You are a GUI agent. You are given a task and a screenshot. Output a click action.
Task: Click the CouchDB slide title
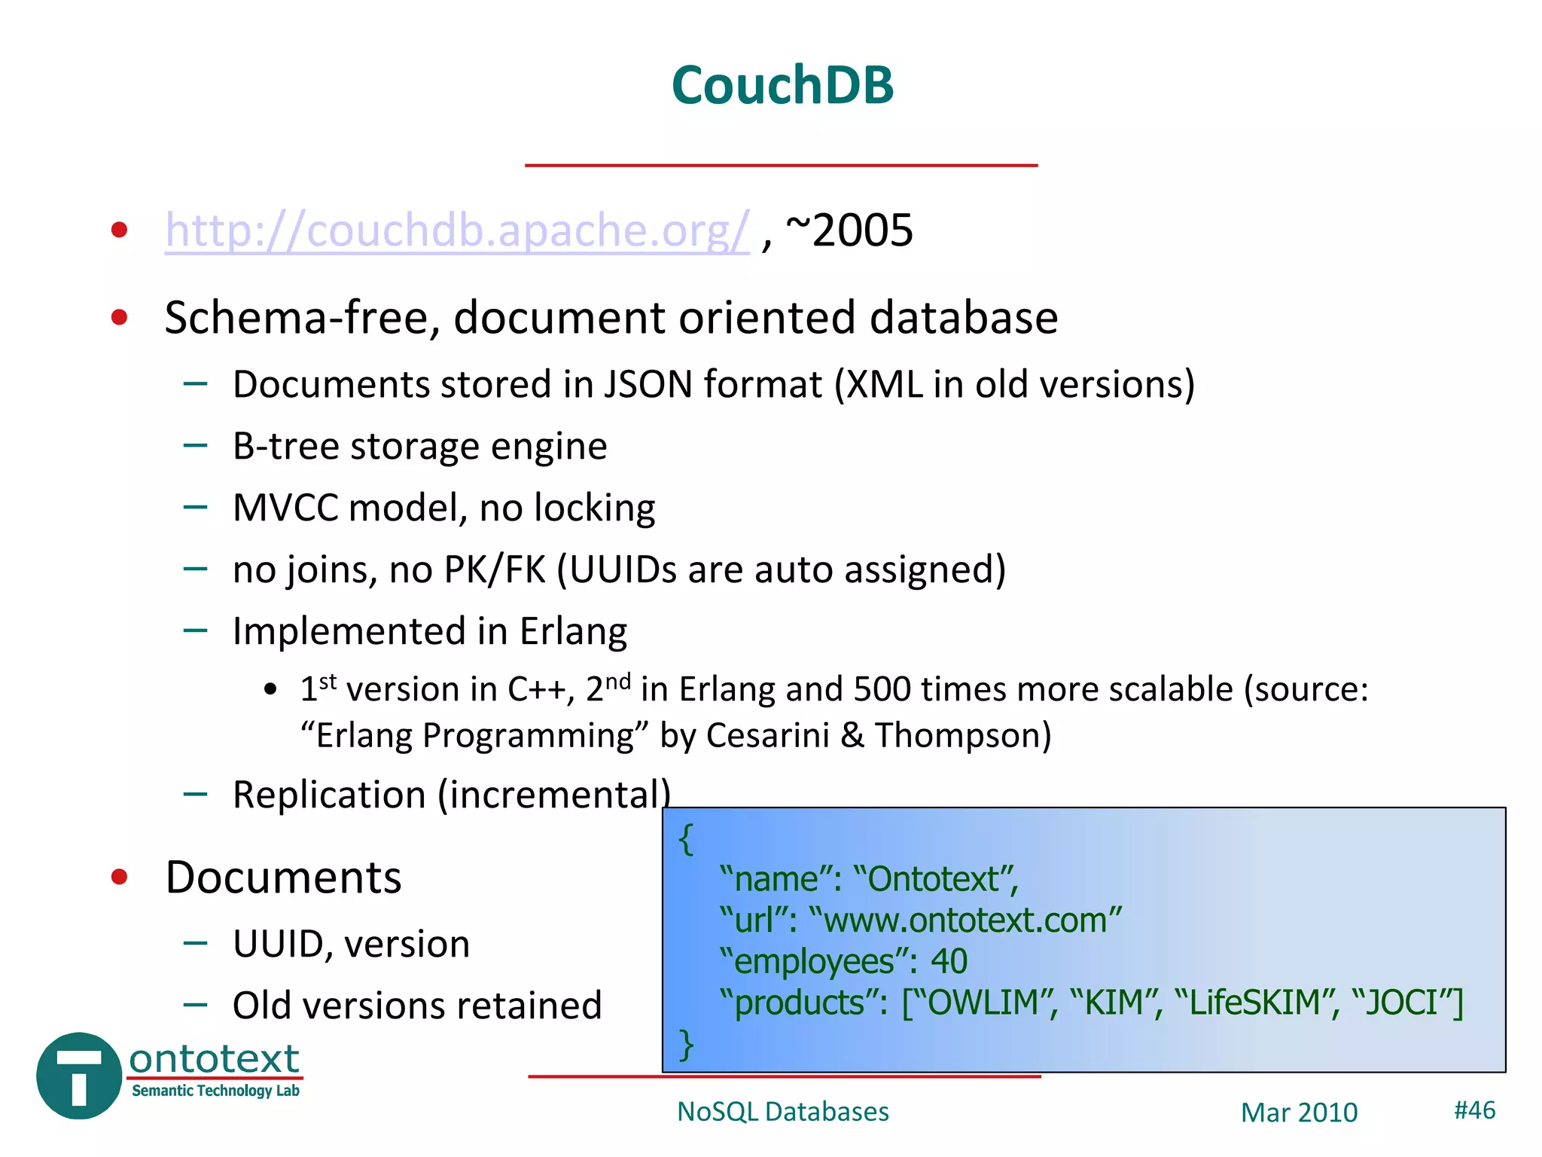point(782,84)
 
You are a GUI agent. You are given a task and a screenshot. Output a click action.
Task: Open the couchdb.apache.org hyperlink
point(457,230)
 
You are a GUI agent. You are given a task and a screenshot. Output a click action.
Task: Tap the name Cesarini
point(767,735)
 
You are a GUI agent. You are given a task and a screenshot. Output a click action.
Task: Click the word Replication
point(329,795)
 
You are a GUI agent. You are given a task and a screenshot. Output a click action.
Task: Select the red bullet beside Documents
point(119,877)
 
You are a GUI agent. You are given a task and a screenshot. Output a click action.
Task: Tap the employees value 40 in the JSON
point(949,961)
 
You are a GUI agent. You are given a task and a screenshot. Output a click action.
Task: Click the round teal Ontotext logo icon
point(79,1076)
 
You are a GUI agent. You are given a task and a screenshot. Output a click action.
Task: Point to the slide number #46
point(1474,1110)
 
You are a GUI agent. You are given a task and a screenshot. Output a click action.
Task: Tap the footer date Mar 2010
point(1299,1113)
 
